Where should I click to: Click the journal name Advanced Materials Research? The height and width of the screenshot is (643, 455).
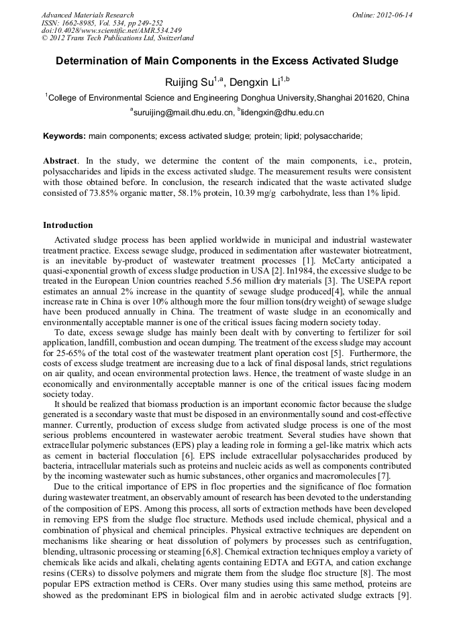[x=87, y=15]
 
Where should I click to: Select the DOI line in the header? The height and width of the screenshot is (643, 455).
[x=111, y=30]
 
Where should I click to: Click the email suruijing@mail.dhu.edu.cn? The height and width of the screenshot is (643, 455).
[x=183, y=113]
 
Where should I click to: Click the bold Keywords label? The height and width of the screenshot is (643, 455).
[x=64, y=135]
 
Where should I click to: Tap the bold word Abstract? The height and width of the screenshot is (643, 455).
[x=60, y=161]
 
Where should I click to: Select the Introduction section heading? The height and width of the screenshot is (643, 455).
[x=68, y=225]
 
